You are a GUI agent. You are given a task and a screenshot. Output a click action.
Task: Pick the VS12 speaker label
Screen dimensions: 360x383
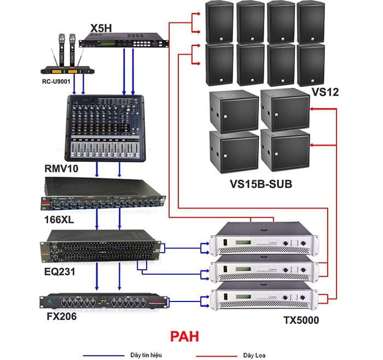point(326,91)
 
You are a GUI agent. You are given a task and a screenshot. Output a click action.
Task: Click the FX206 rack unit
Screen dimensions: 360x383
point(103,301)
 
